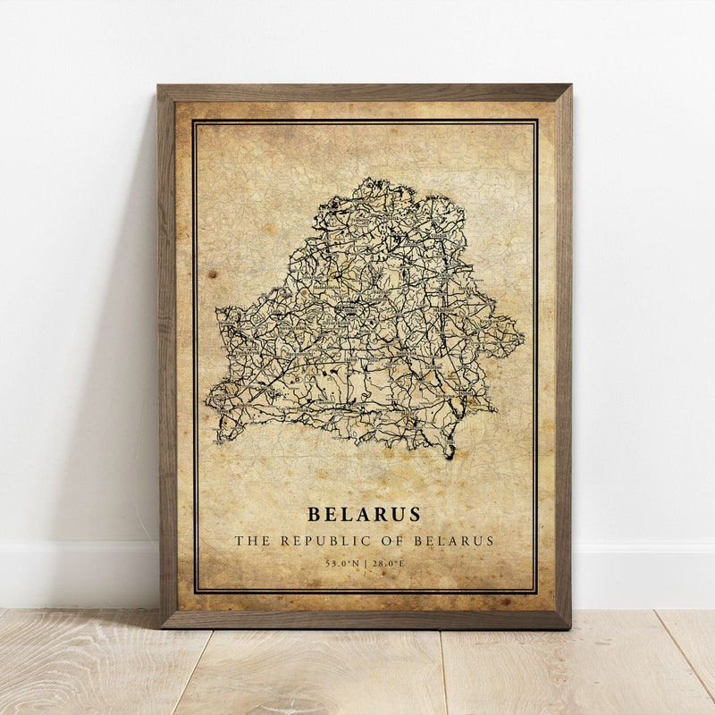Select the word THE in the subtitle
coord(250,541)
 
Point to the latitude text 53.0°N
coord(341,563)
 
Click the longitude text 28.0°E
coord(386,563)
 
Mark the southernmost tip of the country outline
coord(450,458)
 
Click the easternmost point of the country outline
coord(524,339)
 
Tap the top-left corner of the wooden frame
coord(159,87)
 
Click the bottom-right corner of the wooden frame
coord(569,627)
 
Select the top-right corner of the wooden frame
coord(569,87)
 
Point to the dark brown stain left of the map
coord(215,269)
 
